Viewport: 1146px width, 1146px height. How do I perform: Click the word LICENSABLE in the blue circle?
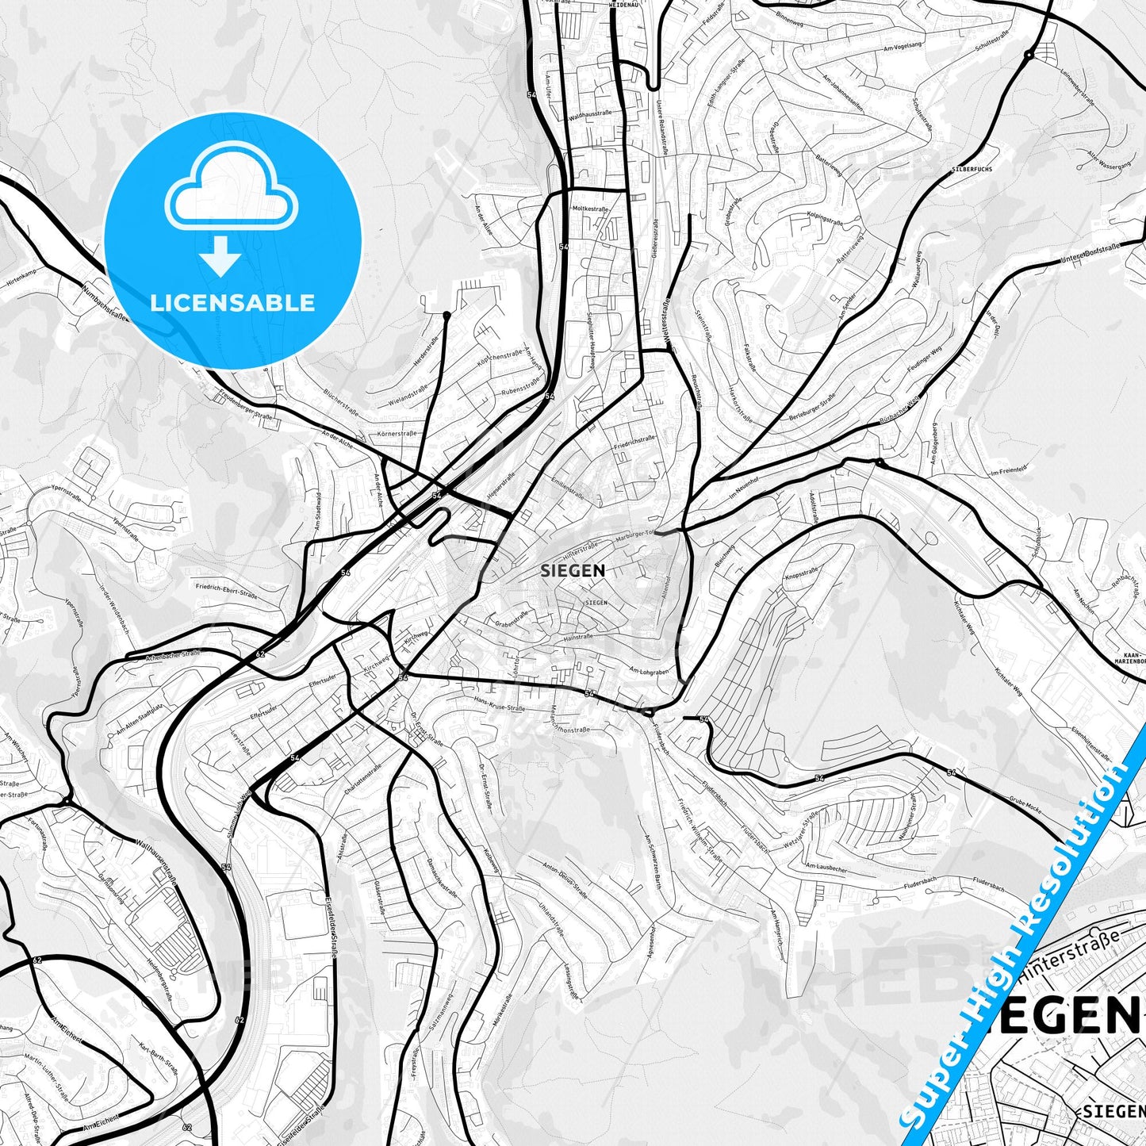[x=232, y=303]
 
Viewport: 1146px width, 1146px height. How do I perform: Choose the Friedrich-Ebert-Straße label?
[x=226, y=591]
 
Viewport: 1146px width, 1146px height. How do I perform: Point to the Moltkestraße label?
[x=590, y=209]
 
